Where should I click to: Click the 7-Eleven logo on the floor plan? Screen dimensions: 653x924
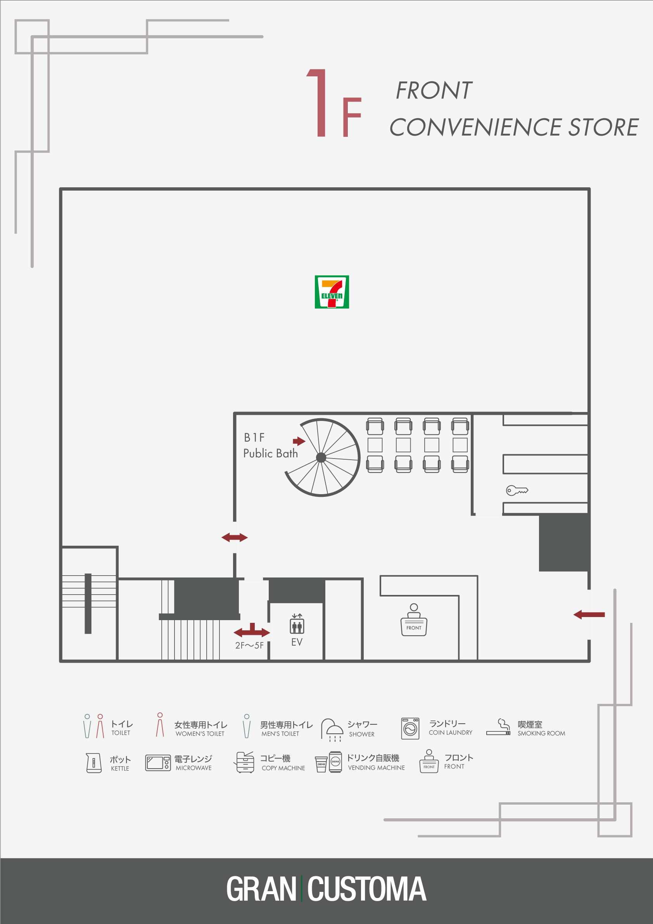pos(332,292)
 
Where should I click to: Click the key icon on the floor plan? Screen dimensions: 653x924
pos(517,490)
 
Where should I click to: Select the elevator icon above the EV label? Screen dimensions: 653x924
pos(297,624)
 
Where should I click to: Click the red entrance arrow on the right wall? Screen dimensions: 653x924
pos(589,615)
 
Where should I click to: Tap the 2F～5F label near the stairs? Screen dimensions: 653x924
pos(249,645)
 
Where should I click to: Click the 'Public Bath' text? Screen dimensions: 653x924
pos(271,453)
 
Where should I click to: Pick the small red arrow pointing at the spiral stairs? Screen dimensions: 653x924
pos(299,441)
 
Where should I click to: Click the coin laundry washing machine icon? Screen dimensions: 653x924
pos(410,728)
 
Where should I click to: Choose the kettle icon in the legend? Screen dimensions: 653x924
pos(94,763)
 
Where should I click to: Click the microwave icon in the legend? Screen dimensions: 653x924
pos(158,763)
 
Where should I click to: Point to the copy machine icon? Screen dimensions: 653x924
pos(244,762)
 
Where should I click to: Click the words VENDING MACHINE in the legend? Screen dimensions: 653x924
pos(377,768)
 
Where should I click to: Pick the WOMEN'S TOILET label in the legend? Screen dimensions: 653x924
pos(200,734)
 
